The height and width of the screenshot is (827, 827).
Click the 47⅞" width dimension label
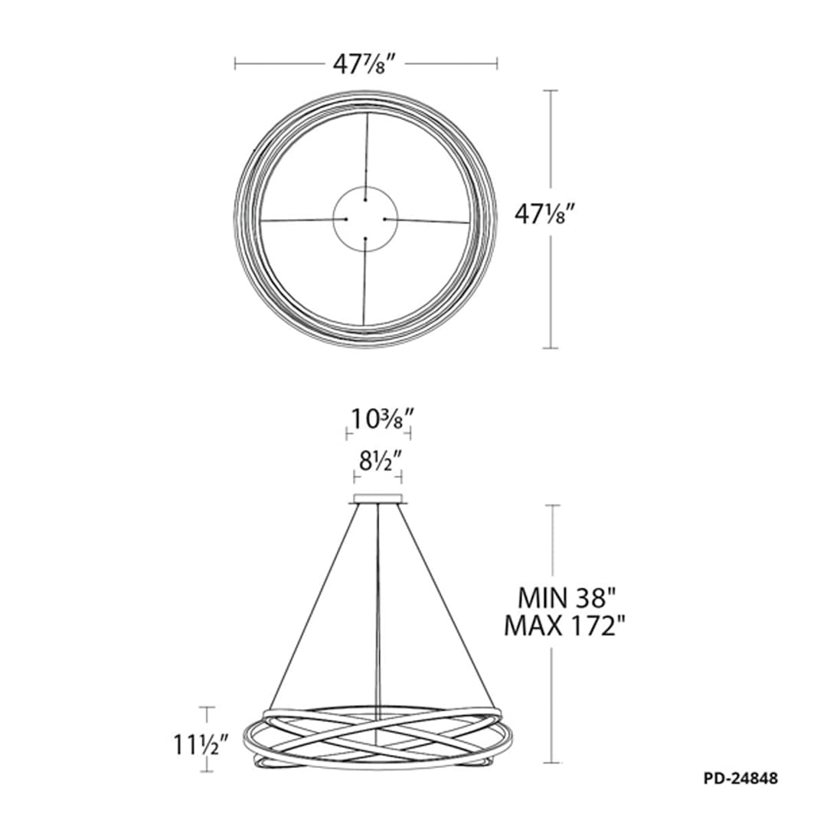[365, 65]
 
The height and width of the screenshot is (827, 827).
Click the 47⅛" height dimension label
[544, 217]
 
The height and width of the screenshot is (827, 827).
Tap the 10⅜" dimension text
[378, 419]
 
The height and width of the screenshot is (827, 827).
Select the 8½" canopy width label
[378, 462]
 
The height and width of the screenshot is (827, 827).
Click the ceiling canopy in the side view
[378, 502]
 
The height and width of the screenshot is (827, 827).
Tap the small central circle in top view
[365, 218]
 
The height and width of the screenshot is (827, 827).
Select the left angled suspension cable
[314, 605]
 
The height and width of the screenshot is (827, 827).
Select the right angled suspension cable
[446, 605]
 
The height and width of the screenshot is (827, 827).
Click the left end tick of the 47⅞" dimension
[235, 64]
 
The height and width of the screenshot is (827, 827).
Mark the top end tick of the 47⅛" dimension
[550, 90]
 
